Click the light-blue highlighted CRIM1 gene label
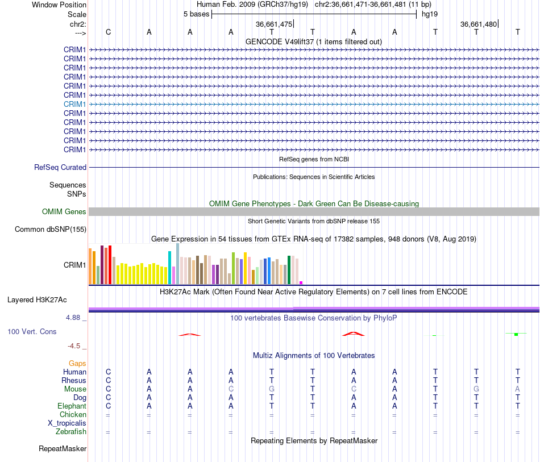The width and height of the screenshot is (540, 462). (x=74, y=104)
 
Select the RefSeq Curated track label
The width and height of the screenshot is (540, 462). (x=60, y=167)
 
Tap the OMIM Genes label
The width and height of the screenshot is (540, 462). (x=64, y=212)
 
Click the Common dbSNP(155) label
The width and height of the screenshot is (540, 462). (x=50, y=229)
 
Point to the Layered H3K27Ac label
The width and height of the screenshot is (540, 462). (x=37, y=300)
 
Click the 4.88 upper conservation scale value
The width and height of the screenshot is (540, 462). (x=73, y=318)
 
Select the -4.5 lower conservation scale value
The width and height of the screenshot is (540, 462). (x=74, y=346)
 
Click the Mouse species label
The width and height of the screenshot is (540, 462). (x=75, y=389)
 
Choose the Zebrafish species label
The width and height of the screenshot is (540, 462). (x=71, y=432)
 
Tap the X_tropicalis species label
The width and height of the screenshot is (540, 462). (x=67, y=423)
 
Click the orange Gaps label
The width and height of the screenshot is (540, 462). (x=77, y=364)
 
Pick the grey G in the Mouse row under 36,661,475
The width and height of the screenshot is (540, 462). (x=272, y=389)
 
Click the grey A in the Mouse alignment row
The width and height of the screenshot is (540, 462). (x=517, y=389)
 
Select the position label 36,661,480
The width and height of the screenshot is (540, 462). (x=479, y=24)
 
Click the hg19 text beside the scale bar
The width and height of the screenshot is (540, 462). (x=430, y=14)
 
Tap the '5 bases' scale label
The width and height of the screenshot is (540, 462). (x=196, y=14)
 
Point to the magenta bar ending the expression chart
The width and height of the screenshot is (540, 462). (x=301, y=282)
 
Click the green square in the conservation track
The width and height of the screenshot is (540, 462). (x=516, y=334)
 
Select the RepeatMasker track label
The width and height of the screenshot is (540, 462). (x=63, y=448)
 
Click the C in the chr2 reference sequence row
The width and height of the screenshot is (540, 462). (x=108, y=32)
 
